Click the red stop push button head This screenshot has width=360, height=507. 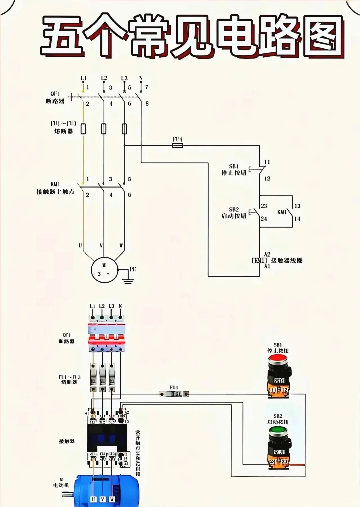point(278,360)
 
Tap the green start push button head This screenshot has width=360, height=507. point(278,431)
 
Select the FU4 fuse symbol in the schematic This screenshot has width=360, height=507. point(177,146)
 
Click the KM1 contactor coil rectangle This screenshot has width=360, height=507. point(259,260)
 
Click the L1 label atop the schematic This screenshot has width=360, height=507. point(83,78)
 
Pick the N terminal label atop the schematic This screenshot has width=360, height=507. point(141,78)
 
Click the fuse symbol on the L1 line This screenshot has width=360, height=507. point(83,129)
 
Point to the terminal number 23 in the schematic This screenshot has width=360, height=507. point(264,206)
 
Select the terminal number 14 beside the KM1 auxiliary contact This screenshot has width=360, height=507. point(297,219)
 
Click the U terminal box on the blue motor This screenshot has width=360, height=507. point(94,499)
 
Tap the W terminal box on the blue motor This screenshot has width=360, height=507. point(112,499)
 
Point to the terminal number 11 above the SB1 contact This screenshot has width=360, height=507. point(267,162)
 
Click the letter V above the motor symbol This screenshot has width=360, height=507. point(102,246)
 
